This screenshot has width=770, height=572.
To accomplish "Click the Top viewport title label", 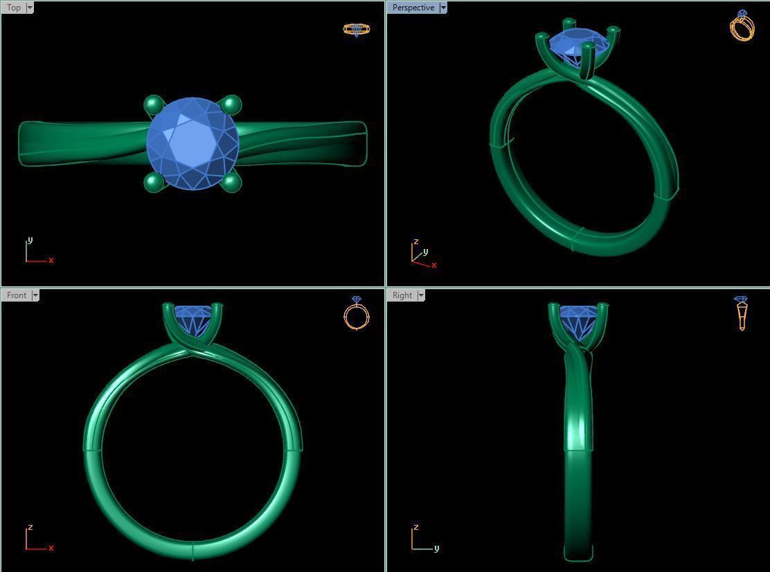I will pyautogui.click(x=13, y=8).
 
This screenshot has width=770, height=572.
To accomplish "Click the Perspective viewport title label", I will pyautogui.click(x=413, y=8).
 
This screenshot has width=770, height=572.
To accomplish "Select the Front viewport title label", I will pyautogui.click(x=16, y=295).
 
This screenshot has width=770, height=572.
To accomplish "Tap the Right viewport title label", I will pyautogui.click(x=402, y=295).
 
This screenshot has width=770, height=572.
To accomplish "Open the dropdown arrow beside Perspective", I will pyautogui.click(x=443, y=8).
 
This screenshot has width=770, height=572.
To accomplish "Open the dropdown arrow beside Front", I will pyautogui.click(x=35, y=295).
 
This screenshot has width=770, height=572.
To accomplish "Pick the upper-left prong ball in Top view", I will pyautogui.click(x=153, y=105).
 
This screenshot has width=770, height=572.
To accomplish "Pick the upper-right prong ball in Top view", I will pyautogui.click(x=231, y=104).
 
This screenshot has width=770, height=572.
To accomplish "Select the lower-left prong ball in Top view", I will pyautogui.click(x=153, y=183).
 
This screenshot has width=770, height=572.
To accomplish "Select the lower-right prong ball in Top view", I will pyautogui.click(x=231, y=183).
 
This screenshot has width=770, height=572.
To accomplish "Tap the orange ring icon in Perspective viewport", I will pyautogui.click(x=742, y=26).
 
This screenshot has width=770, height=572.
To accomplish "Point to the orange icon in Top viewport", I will pyautogui.click(x=357, y=29).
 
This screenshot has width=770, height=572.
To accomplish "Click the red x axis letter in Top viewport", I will pyautogui.click(x=51, y=260).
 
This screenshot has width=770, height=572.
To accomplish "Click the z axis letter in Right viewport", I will pyautogui.click(x=415, y=527).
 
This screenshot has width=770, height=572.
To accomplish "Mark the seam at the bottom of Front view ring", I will pyautogui.click(x=192, y=551).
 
